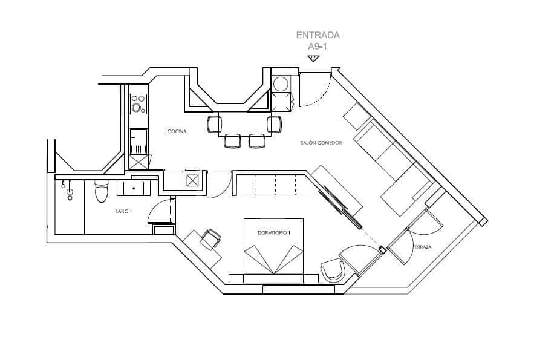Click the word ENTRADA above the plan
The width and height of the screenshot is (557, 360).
[318, 35]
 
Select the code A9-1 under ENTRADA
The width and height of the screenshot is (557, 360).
[318, 45]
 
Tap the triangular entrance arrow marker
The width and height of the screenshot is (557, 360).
[313, 58]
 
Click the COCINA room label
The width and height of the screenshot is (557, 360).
[177, 131]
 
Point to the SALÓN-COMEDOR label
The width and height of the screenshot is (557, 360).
[321, 143]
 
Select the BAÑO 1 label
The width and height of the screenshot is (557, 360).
[123, 211]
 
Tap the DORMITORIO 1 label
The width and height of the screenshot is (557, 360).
[274, 232]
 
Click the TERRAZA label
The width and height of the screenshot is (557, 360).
[422, 247]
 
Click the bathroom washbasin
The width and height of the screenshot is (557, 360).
[134, 188]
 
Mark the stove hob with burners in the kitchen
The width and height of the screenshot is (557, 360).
[138, 103]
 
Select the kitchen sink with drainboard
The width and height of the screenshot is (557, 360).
[138, 142]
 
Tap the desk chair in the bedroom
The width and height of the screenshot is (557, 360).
[211, 239]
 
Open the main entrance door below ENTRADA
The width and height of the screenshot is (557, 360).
[315, 91]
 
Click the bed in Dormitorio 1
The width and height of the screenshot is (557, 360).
[274, 254]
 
